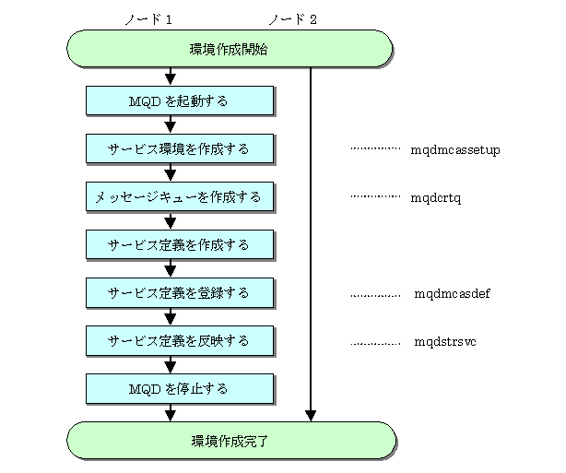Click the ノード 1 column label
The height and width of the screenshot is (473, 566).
coord(148,19)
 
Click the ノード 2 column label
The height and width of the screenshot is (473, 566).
coord(293,19)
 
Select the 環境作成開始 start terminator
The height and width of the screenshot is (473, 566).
coord(230,49)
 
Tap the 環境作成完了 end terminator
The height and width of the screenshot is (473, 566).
coord(231,441)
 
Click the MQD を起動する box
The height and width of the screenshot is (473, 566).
coord(180,101)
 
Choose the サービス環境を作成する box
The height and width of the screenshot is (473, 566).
coord(180,148)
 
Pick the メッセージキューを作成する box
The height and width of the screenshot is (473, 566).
coord(180,196)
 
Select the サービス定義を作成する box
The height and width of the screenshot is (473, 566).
coord(180,245)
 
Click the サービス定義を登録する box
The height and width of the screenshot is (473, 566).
coord(180,293)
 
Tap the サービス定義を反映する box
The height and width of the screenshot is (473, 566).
coord(180,341)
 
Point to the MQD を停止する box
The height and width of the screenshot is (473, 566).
coord(180,389)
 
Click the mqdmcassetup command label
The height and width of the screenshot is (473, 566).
coord(455,150)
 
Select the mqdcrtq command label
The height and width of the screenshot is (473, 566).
coord(436,198)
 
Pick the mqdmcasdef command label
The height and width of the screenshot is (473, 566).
coord(452,293)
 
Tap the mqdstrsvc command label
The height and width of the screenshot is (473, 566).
coord(445,341)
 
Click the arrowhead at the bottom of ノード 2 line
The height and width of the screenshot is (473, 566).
coord(311,416)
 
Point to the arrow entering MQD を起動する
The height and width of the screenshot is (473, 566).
coord(171,77)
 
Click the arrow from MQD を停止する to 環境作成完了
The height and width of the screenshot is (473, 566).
coord(171,413)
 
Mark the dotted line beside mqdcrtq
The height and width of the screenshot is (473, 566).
coord(375,196)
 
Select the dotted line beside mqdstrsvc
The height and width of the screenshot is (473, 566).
coord(375,343)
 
